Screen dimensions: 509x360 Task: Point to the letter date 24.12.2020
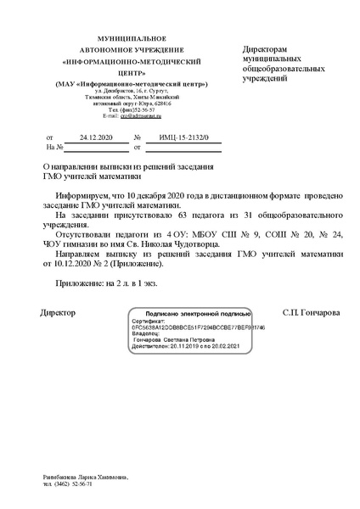click(95, 136)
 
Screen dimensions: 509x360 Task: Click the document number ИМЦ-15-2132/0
click(178, 136)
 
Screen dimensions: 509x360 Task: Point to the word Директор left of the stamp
click(58, 312)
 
